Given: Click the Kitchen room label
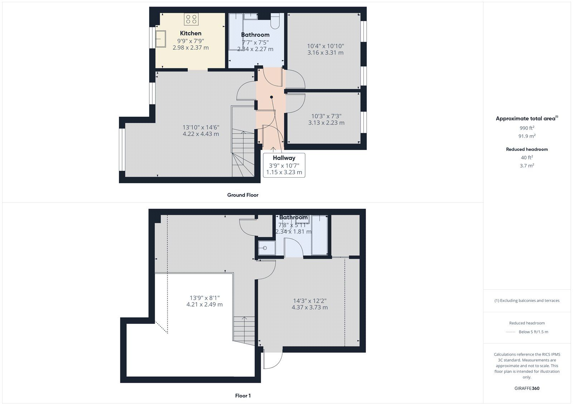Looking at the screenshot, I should (x=191, y=33).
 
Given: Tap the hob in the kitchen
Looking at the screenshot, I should (x=191, y=19).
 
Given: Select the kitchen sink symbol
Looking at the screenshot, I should (x=160, y=39).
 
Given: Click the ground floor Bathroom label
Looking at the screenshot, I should (x=255, y=35).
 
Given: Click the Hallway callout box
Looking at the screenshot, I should (x=284, y=165).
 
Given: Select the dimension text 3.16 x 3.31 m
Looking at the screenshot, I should (x=325, y=53).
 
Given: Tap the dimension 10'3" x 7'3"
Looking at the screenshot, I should (x=326, y=116).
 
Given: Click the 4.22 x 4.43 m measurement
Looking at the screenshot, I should (x=201, y=134).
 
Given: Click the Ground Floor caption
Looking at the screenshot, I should (x=242, y=195).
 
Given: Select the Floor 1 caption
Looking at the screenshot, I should (x=242, y=396).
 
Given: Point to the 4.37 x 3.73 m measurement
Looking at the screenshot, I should (x=309, y=307).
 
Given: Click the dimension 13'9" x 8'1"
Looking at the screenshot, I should (x=204, y=298).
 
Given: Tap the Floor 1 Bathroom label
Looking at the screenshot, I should (x=293, y=217).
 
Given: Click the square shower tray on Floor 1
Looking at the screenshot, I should (x=266, y=248).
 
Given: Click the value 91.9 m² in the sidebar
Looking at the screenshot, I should (x=527, y=136).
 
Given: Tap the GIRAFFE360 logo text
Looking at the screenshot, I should (x=527, y=388).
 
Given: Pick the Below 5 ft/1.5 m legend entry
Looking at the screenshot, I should (x=533, y=332).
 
